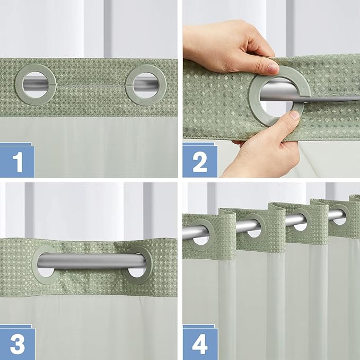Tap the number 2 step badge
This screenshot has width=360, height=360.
[200, 161]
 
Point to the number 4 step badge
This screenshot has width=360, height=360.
[200, 343]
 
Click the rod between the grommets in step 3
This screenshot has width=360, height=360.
[90, 260]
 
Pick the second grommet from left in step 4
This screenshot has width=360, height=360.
[253, 227]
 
